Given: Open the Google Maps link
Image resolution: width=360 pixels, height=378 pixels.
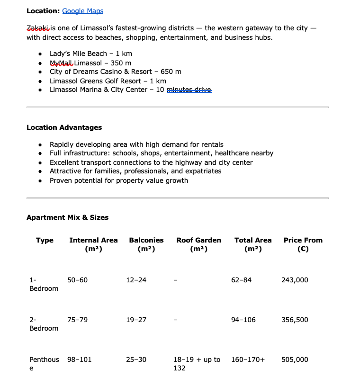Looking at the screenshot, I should coord(82,11).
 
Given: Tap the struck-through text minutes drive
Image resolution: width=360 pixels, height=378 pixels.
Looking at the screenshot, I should coord(189,90).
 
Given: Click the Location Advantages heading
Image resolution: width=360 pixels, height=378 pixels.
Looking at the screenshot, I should coord(64,127).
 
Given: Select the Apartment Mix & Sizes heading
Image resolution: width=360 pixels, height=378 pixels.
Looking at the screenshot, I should coord(67,217).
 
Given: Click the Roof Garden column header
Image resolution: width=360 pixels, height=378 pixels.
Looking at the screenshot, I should coord(198,244).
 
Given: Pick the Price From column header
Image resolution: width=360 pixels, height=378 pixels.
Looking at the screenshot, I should coord(303,244).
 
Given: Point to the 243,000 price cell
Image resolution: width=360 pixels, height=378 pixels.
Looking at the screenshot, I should coord(295,280).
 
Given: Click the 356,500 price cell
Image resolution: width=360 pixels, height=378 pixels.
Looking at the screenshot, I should coord(295,320).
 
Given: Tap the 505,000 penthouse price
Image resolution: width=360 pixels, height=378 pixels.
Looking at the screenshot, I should coord(295,360).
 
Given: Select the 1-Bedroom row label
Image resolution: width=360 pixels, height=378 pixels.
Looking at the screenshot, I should coord(44,284).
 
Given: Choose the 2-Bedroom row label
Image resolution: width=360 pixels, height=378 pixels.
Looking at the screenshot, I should coord(44,324).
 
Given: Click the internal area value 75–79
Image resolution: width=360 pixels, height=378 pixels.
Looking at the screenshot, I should coord(77,320).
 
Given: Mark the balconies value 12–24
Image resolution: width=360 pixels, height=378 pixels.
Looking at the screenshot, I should coord(136,280).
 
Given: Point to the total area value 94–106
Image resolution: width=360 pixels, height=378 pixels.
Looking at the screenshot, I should coord(243,320).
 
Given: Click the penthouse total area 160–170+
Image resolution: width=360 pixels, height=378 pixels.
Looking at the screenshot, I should coord(248,360).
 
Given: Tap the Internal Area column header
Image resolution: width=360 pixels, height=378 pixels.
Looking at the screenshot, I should coord(93,244).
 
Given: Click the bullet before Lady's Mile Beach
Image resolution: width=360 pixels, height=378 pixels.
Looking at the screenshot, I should coord(42,54).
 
